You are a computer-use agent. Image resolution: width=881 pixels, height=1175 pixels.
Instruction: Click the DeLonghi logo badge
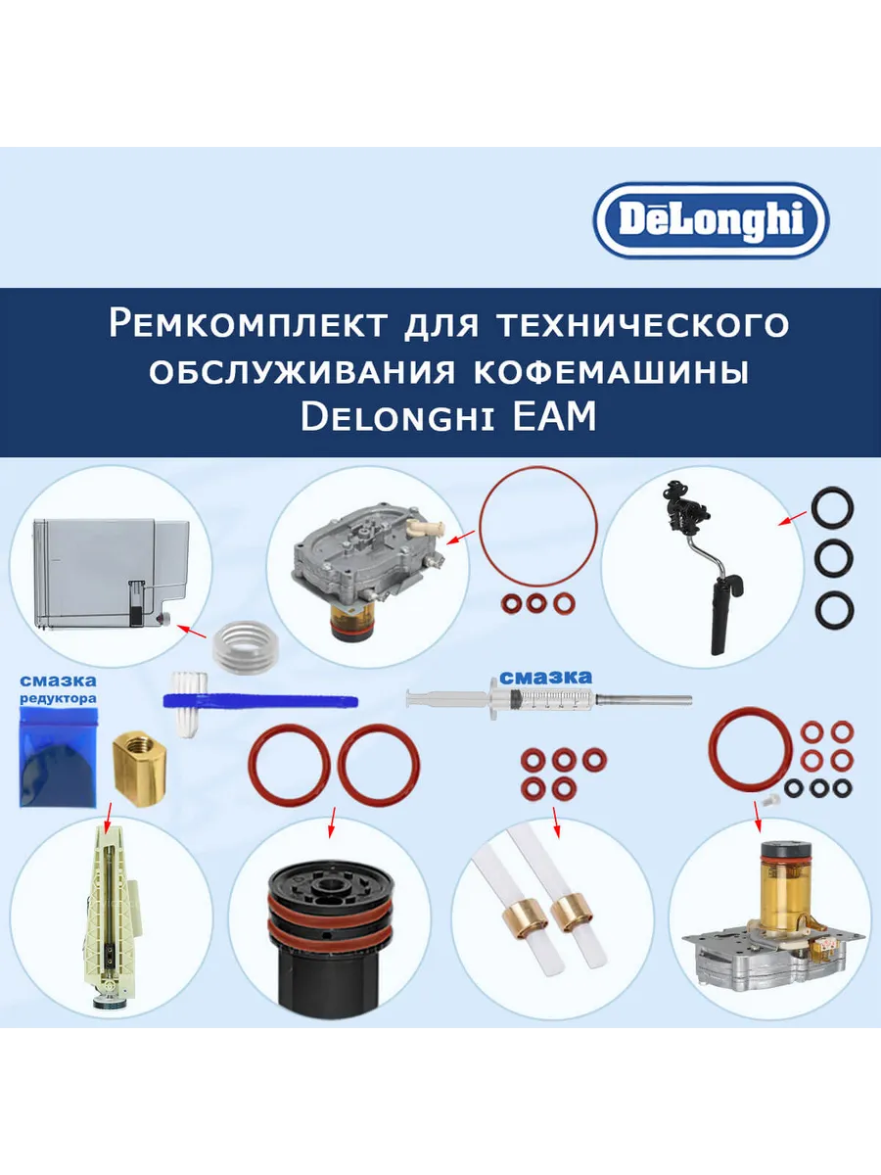click(711, 220)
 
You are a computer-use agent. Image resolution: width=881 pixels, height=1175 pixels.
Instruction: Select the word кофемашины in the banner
click(611, 371)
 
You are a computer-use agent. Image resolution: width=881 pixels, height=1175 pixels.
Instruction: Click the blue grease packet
click(58, 755)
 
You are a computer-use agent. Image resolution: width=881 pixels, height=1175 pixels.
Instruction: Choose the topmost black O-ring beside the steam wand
click(833, 505)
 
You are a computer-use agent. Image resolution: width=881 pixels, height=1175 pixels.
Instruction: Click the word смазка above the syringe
click(545, 678)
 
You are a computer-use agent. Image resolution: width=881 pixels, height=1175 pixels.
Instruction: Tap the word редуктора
click(59, 698)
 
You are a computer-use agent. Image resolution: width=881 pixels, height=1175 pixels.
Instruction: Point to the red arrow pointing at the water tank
click(192, 632)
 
